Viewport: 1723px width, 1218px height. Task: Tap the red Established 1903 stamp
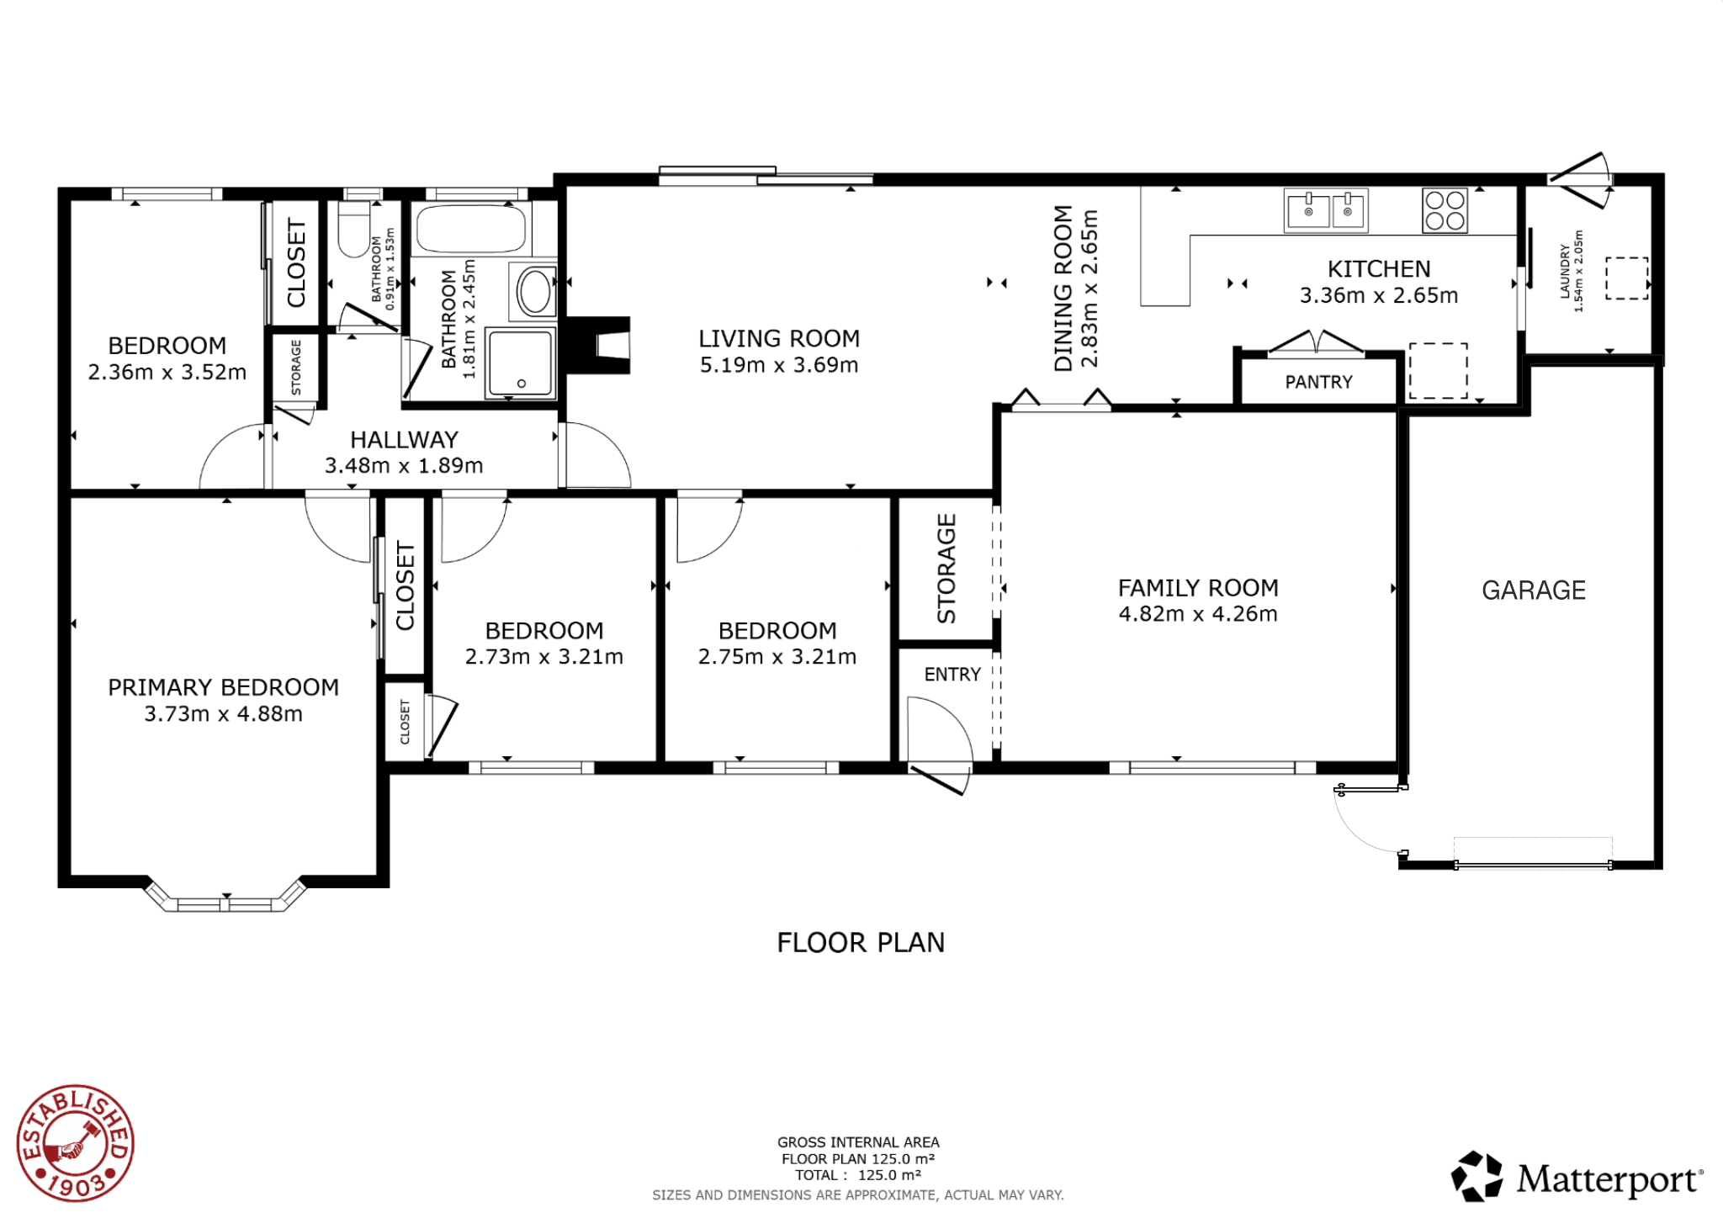tap(76, 1143)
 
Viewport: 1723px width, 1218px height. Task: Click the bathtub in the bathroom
tap(471, 227)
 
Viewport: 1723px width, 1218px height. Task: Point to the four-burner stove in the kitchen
tap(1445, 210)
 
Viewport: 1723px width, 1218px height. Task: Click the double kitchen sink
tap(1326, 210)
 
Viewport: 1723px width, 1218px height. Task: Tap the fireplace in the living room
tap(598, 345)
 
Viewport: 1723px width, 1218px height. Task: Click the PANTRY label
tap(1318, 383)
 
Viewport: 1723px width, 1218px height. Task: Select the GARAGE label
tap(1534, 590)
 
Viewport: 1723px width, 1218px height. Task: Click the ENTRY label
tap(952, 675)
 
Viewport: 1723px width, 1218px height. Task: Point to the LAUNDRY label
tap(1565, 271)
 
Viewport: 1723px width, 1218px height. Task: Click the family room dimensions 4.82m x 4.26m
tap(1198, 614)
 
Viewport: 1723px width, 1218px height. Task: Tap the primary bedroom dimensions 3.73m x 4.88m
tap(223, 714)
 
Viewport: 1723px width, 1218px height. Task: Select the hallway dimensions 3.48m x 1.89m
tap(404, 466)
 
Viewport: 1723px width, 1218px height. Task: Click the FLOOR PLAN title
tap(861, 943)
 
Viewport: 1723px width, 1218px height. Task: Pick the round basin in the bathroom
tap(534, 292)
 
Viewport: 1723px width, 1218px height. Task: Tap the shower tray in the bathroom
tap(522, 363)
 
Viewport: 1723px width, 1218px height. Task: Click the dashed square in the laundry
tap(1627, 278)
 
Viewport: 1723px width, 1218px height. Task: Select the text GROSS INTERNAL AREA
tap(858, 1142)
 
